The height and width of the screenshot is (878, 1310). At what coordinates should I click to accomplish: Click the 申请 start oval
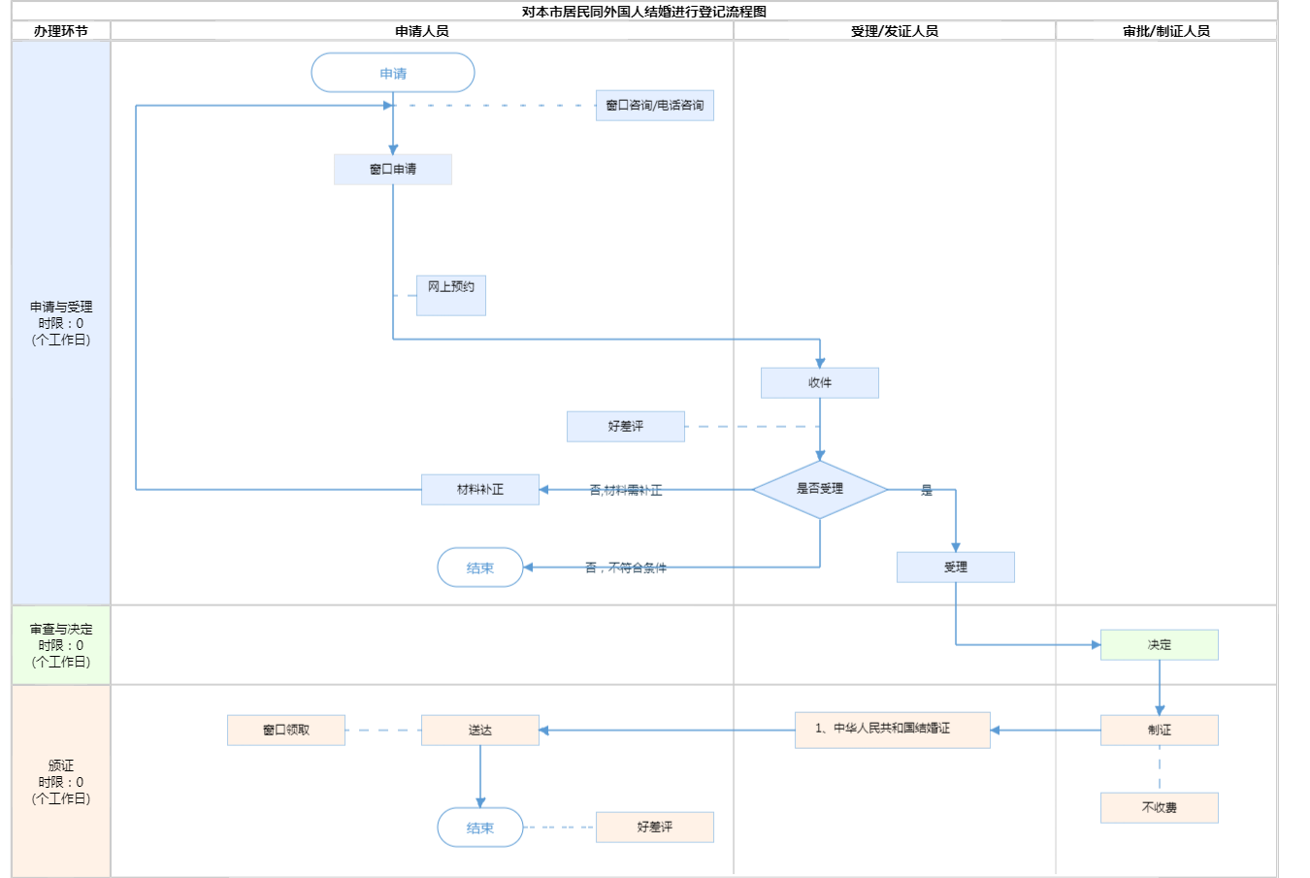click(393, 73)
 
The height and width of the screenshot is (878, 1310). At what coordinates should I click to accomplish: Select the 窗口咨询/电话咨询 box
click(655, 105)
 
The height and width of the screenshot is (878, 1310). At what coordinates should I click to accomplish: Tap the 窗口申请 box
click(393, 169)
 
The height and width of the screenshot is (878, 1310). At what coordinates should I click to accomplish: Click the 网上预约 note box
click(451, 295)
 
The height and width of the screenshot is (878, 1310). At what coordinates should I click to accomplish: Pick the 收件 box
click(820, 382)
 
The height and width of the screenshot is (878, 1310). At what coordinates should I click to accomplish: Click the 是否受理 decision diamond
click(820, 489)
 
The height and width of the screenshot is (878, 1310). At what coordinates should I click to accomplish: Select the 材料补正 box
click(480, 489)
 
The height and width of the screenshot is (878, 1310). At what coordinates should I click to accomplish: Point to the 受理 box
click(956, 567)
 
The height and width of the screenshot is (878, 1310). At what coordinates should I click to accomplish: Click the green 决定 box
click(1160, 644)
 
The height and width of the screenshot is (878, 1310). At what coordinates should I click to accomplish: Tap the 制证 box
click(1160, 730)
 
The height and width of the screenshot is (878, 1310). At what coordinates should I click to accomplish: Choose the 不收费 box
click(1160, 807)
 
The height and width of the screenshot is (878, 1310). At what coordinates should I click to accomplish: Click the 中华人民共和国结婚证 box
click(893, 729)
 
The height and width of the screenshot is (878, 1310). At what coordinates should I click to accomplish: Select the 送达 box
click(480, 730)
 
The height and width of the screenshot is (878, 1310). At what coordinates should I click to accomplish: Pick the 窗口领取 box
click(286, 730)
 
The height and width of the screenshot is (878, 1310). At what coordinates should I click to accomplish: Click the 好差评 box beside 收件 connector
click(626, 426)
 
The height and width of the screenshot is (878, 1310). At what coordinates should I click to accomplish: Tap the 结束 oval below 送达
click(480, 828)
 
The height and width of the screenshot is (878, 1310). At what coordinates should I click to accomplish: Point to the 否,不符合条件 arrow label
click(626, 568)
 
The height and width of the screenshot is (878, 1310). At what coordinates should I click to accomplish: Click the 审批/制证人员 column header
click(1166, 31)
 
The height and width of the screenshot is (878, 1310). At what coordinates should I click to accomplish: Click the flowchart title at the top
click(644, 12)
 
